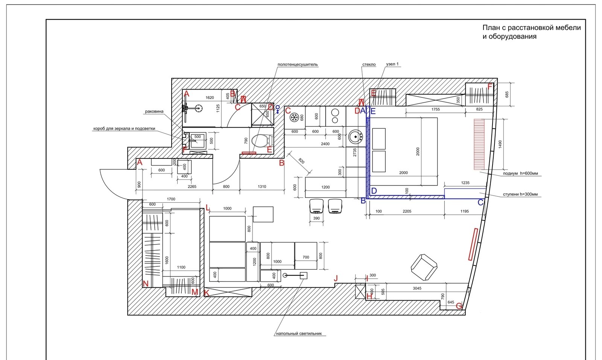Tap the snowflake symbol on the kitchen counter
294,117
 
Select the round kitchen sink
356,137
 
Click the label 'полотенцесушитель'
298,64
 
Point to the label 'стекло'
369,64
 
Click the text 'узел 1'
392,64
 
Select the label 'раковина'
154,111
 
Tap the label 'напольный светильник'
299,334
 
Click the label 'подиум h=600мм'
520,173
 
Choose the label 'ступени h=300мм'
520,194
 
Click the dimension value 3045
417,288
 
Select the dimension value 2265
192,187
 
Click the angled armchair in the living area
424,267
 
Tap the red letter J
336,278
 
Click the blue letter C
480,202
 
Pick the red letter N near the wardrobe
145,284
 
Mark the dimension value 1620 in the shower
210,98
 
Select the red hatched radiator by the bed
479,144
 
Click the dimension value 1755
435,109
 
